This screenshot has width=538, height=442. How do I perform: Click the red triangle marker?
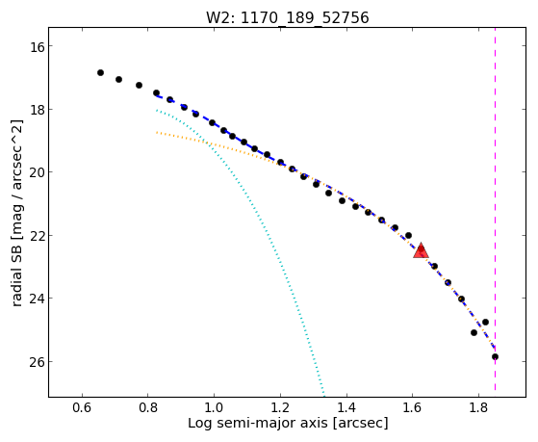tap(421, 250)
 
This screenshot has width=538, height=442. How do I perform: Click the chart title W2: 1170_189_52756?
tap(287, 17)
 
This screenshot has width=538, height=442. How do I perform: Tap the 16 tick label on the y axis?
tap(37, 46)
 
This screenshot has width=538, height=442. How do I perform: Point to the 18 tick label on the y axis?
tap(37, 109)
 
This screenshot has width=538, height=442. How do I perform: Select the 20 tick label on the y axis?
tap(37, 172)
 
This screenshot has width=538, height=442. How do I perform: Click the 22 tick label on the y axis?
tap(37, 235)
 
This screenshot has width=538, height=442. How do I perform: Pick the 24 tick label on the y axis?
tap(37, 299)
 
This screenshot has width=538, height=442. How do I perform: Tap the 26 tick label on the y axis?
tap(37, 362)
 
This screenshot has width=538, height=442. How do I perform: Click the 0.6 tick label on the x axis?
tap(82, 407)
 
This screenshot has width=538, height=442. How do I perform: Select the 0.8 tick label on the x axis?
tap(148, 407)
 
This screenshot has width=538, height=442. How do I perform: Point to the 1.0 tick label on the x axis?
tap(214, 407)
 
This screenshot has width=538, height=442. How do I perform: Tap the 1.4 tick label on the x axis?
tap(346, 407)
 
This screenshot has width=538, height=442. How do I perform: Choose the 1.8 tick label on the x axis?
tap(478, 407)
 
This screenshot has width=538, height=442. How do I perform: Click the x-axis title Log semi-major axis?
tap(258, 423)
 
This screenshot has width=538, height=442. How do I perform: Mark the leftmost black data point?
tap(100, 72)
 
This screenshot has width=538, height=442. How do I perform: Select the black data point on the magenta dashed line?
tap(495, 357)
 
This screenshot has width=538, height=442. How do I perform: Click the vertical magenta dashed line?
tap(495, 209)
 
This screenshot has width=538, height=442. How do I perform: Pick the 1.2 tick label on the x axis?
tap(280, 407)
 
